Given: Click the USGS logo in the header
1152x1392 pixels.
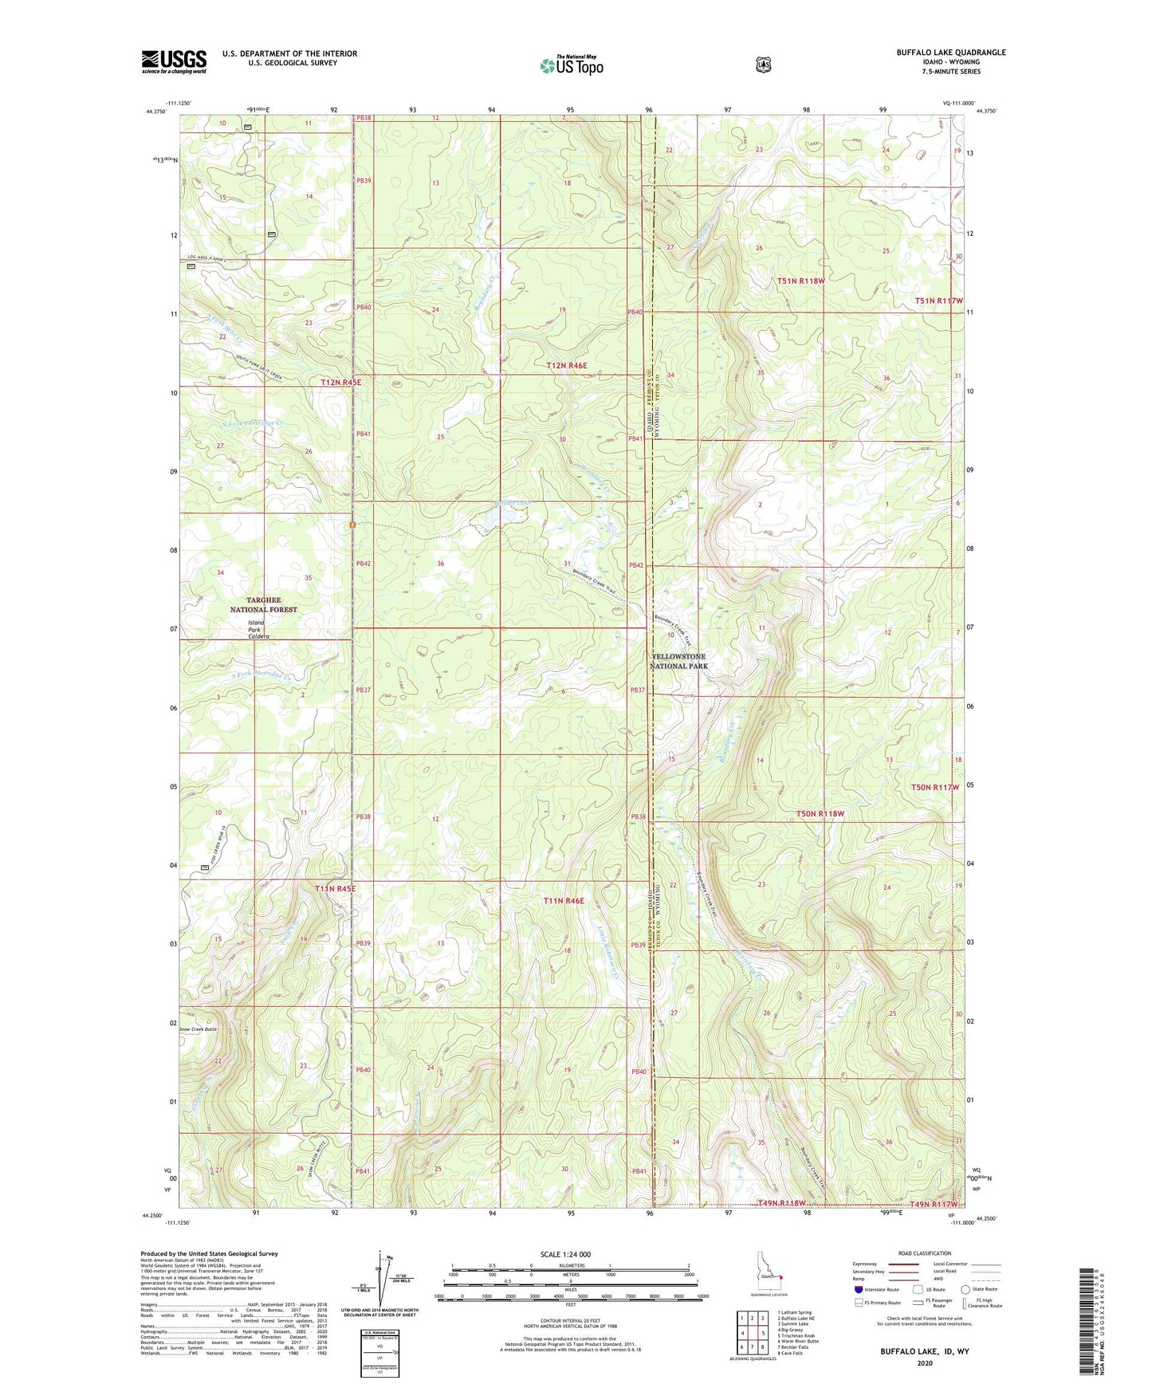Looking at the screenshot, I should (x=174, y=61).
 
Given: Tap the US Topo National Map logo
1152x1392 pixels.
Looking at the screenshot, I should (x=570, y=65).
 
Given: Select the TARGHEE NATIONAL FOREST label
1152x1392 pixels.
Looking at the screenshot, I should (x=263, y=604).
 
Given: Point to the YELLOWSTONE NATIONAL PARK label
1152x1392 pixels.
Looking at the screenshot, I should (x=678, y=661).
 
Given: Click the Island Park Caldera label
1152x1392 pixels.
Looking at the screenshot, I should (x=258, y=630).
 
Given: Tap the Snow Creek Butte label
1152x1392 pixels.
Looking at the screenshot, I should (x=198, y=1029).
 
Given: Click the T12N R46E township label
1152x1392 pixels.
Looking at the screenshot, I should (x=567, y=365).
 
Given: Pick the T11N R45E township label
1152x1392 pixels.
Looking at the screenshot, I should (x=335, y=888).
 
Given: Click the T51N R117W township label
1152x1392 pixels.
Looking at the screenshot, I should (x=938, y=301).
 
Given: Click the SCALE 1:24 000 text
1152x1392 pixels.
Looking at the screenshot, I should (x=565, y=1254).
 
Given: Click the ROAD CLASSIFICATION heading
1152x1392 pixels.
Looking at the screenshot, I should (x=924, y=1253).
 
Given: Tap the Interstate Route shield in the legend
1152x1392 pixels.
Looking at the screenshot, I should (x=858, y=1289).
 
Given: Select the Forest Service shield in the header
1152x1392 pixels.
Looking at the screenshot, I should (x=763, y=64).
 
